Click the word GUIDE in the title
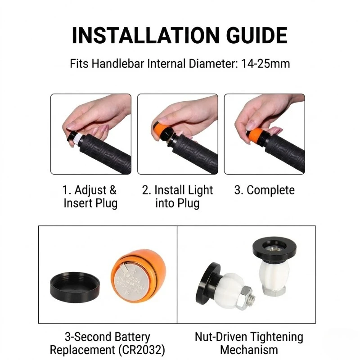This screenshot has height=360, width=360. point(256,36)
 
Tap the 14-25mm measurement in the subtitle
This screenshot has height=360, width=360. point(265,63)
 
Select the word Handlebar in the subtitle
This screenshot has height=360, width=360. point(118,63)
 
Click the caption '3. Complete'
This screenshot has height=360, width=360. point(265,190)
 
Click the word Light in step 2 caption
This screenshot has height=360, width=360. point(199,190)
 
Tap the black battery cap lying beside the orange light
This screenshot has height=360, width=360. point(75,286)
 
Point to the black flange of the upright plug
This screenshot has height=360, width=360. point(274,250)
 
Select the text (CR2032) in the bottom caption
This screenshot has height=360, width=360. point(142,350)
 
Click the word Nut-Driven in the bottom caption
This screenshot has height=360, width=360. point(221,337)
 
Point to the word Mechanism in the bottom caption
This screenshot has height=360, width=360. point(249,350)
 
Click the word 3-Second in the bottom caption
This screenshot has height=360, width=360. point(88,337)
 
